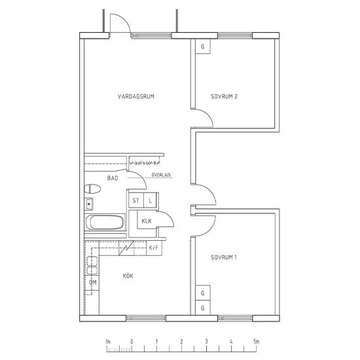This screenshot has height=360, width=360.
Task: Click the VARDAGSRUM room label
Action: pyautogui.click(x=136, y=96)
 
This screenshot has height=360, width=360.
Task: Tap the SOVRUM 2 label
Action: pyautogui.click(x=224, y=96)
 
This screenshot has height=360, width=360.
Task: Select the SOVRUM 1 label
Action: pyautogui.click(x=224, y=257)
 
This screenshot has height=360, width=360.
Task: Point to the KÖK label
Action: pyautogui.click(x=128, y=276)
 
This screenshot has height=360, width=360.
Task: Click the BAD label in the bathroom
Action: pyautogui.click(x=113, y=178)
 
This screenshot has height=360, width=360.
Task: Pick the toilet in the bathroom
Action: pyautogui.click(x=92, y=189)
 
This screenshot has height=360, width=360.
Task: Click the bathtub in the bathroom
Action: pyautogui.click(x=105, y=222)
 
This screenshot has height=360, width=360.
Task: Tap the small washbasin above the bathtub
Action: pyautogui.click(x=89, y=204)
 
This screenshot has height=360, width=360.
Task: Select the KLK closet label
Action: pyautogui.click(x=147, y=221)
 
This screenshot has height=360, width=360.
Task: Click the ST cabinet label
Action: pyautogui.click(x=135, y=200)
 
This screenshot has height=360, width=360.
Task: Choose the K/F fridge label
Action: pyautogui.click(x=154, y=247)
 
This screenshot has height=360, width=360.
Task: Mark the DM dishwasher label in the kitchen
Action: pyautogui.click(x=93, y=282)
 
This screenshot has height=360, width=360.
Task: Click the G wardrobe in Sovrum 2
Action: pyautogui.click(x=203, y=46)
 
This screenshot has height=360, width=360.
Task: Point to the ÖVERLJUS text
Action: pyautogui.click(x=161, y=175)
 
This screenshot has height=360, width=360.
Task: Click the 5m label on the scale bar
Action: pyautogui.click(x=256, y=342)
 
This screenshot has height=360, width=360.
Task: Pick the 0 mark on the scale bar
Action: pyautogui.click(x=132, y=342)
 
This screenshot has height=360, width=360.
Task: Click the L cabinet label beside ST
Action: pyautogui.click(x=150, y=201)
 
